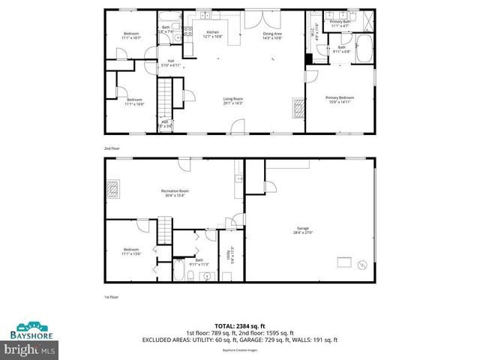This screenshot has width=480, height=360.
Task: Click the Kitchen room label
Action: tap(212, 34)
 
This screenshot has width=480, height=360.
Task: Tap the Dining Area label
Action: tap(272, 35)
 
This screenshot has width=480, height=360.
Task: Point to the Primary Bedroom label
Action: tap(340, 99)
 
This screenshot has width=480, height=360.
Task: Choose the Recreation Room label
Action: tap(175, 193)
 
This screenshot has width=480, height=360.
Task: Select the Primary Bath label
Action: tap(340, 24)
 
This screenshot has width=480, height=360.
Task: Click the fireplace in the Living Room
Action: tap(298, 109)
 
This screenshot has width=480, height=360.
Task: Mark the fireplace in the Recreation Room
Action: tap(114, 188)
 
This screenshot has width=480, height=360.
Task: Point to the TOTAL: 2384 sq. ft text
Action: tap(239, 325)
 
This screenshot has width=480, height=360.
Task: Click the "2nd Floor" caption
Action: tap(111, 149)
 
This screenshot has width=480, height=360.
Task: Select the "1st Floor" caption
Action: tap(111, 297)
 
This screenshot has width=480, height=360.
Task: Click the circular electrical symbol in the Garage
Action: tap(362, 265)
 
